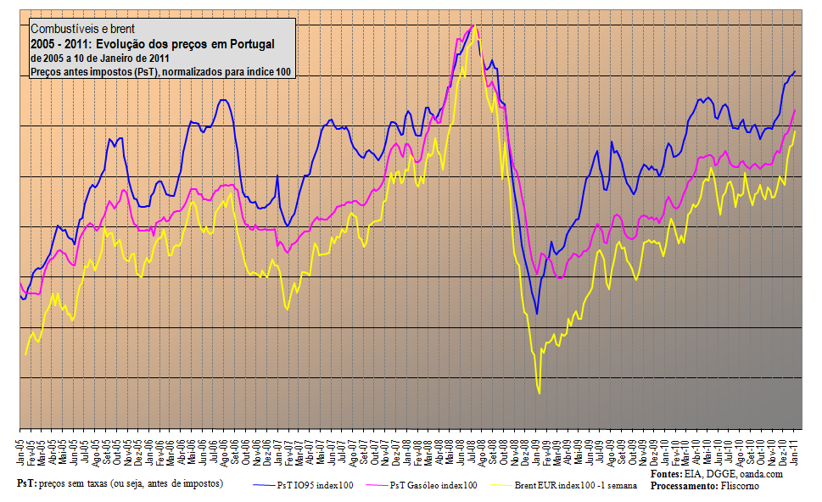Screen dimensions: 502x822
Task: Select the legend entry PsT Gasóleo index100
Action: pyautogui.click(x=433, y=485)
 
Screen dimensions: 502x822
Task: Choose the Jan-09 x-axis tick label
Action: pyautogui.click(x=537, y=450)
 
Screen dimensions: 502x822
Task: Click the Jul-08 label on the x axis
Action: pyautogui.click(x=473, y=450)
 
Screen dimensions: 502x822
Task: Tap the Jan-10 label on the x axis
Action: pyautogui.click(x=666, y=450)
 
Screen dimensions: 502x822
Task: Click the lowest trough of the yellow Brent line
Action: pyautogui.click(x=539, y=393)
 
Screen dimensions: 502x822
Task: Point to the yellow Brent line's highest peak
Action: pyautogui.click(x=475, y=25)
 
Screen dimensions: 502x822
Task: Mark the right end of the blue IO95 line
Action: pyautogui.click(x=795, y=71)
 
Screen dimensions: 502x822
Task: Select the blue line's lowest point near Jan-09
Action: pyautogui.click(x=536, y=314)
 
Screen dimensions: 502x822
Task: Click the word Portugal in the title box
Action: pyautogui.click(x=251, y=43)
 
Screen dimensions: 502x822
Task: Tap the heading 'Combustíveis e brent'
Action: pyautogui.click(x=81, y=29)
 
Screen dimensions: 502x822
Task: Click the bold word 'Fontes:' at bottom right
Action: pyautogui.click(x=667, y=474)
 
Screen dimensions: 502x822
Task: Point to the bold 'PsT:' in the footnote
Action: pyautogui.click(x=26, y=482)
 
